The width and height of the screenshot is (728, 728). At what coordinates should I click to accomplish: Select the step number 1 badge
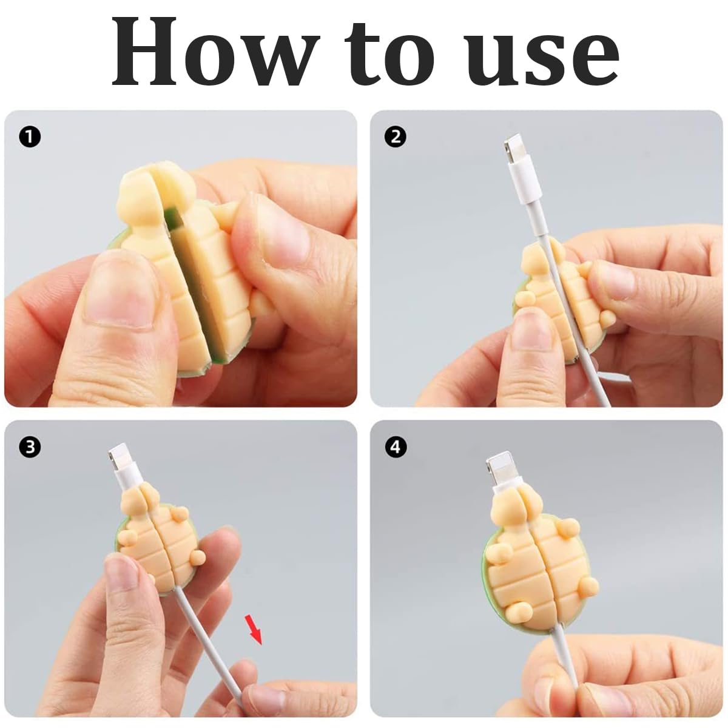point(30,136)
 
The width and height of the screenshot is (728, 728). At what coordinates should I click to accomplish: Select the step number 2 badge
point(395,136)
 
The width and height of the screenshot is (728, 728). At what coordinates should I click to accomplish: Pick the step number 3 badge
point(30,447)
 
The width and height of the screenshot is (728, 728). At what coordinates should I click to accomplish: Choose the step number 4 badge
point(395,447)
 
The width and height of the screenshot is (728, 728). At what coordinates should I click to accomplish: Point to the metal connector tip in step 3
point(117,458)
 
